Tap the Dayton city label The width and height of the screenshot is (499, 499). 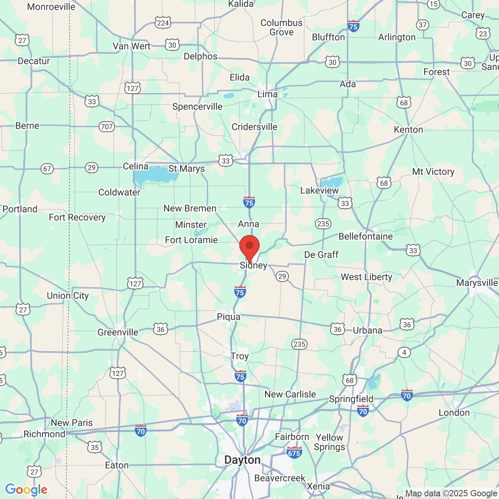pyautogui.click(x=242, y=460)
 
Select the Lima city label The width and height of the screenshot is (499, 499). pyautogui.click(x=267, y=94)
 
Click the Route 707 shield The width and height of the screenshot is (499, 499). pyautogui.click(x=106, y=126)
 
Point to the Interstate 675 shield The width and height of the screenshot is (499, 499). pyautogui.click(x=294, y=453)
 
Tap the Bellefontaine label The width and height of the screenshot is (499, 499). pyautogui.click(x=365, y=237)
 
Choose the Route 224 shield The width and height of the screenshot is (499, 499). pyautogui.click(x=163, y=23)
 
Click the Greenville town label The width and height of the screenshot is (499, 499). pyautogui.click(x=118, y=333)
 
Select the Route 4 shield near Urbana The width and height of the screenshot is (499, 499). pyautogui.click(x=404, y=352)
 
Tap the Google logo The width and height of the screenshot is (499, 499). pyautogui.click(x=26, y=490)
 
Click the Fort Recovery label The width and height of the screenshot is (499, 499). pyautogui.click(x=77, y=218)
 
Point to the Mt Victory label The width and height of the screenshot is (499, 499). pyautogui.click(x=433, y=172)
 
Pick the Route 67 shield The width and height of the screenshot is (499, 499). pyautogui.click(x=47, y=169)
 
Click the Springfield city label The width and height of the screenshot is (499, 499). pyautogui.click(x=351, y=399)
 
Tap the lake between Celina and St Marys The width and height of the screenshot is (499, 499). pyautogui.click(x=154, y=176)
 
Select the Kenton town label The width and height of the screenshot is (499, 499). pyautogui.click(x=408, y=130)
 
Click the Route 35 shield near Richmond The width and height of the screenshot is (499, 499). pyautogui.click(x=95, y=447)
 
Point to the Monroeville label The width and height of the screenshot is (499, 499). pyautogui.click(x=51, y=7)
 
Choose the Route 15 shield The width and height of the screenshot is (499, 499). pyautogui.click(x=433, y=4)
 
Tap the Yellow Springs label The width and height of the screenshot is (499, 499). pyautogui.click(x=329, y=442)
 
